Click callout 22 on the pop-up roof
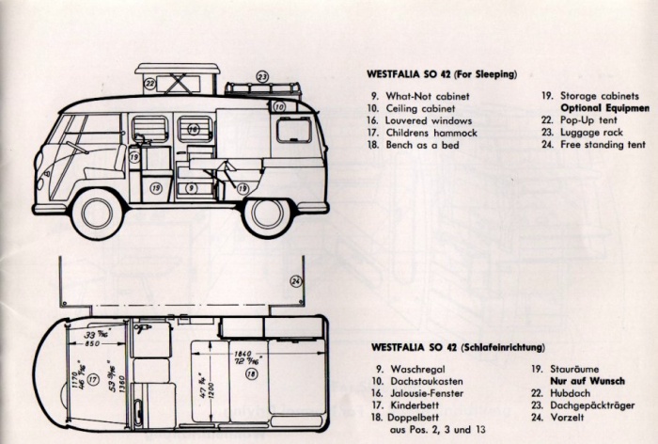pos(150,83)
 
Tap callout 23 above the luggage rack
pos(262,76)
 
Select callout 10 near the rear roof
pos(279,108)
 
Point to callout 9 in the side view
pos(191,188)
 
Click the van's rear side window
pos(293,130)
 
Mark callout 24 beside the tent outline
pos(296,280)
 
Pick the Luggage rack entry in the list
pos(593,133)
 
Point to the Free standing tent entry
pos(603,145)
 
